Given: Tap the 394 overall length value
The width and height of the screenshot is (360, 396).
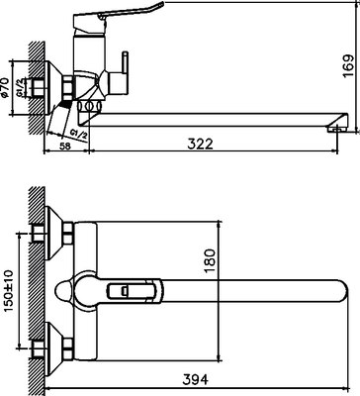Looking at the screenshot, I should (x=195, y=376).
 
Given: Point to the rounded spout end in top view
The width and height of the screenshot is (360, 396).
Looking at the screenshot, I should (x=337, y=289).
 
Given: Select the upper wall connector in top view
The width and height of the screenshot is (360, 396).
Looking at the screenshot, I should (x=60, y=234).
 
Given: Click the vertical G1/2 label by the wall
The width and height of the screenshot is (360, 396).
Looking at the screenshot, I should (x=19, y=99).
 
